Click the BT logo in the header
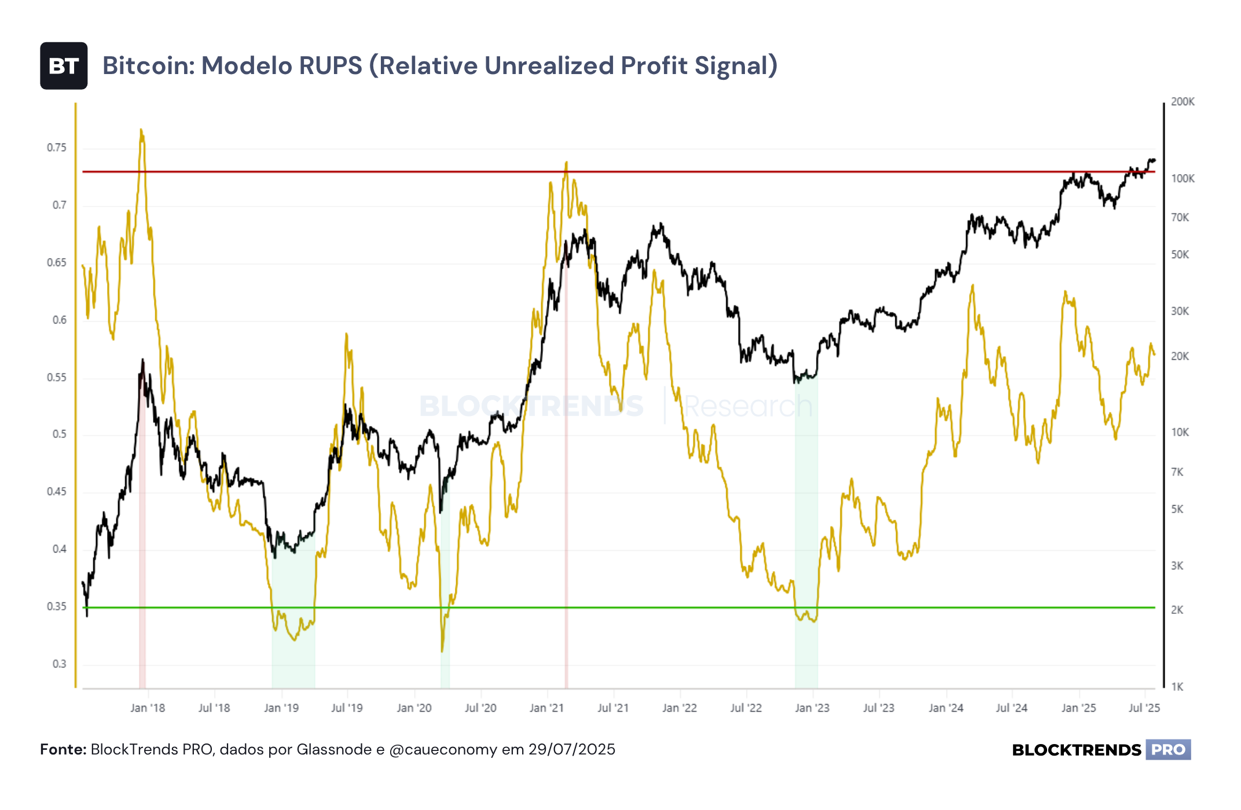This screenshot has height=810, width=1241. tap(64, 66)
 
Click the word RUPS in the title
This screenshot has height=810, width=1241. tap(331, 66)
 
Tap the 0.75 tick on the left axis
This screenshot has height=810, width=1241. tap(57, 148)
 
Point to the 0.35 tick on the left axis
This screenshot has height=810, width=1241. tap(57, 607)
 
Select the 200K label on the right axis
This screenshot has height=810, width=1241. tap(1183, 102)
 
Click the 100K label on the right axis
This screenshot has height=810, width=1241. tap(1183, 179)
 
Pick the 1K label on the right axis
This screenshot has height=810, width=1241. tap(1177, 687)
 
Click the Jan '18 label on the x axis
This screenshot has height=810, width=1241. tap(148, 708)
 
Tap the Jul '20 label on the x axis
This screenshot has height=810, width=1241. tap(480, 708)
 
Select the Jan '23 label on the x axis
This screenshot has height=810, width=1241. tap(812, 708)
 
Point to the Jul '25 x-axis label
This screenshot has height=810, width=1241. tap(1144, 708)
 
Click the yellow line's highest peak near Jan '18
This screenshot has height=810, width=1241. tap(141, 130)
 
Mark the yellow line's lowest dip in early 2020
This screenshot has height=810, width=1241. tap(442, 651)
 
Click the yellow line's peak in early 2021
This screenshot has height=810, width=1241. tap(566, 163)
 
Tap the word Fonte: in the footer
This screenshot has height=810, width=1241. tap(63, 750)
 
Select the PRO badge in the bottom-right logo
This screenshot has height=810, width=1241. tap(1168, 750)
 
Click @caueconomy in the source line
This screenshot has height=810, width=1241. tap(443, 750)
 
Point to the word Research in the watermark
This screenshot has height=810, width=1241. tap(748, 406)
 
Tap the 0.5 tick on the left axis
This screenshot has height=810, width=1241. tap(60, 435)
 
